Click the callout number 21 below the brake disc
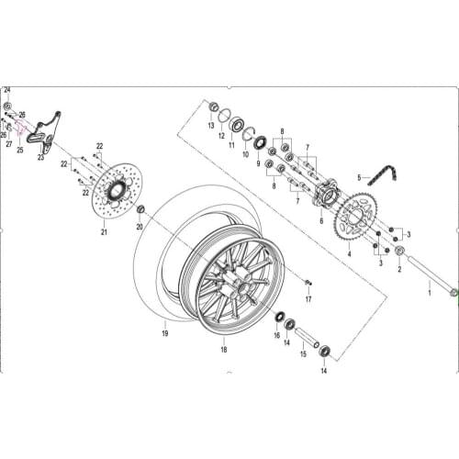point(104,232)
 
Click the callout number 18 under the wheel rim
point(223,350)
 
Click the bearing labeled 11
point(237,125)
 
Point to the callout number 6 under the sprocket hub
point(321,221)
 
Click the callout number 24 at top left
point(7,90)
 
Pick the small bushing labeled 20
point(140,212)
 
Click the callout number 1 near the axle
point(428,291)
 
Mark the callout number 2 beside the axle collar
point(399,270)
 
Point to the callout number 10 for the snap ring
point(245,155)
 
